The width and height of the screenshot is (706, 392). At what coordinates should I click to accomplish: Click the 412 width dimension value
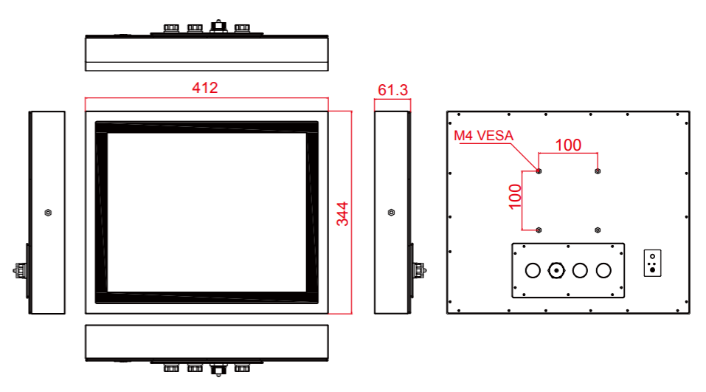coord(205,87)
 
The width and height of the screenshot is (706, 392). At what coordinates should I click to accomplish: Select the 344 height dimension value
coord(342,213)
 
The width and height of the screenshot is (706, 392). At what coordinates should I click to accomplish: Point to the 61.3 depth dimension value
coord(392,90)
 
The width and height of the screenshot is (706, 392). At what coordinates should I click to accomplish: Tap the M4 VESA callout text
coord(483,136)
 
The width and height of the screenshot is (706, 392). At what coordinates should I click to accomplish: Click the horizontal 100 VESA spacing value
coord(568,145)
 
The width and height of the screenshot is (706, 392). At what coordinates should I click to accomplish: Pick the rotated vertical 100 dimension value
coord(515,196)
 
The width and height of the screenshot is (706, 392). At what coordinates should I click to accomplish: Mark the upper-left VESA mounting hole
coord(539,171)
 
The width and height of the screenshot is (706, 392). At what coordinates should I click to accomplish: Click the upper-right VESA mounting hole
coord(598,171)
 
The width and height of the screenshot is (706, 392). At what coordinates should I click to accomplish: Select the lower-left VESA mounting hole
coord(539,230)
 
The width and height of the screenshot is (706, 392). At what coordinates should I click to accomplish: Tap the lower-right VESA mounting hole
coord(598,230)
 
